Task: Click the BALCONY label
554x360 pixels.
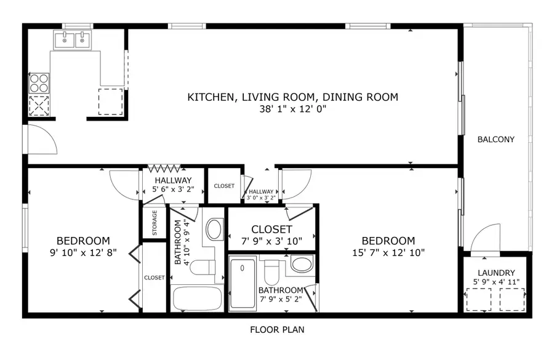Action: click(x=496, y=140)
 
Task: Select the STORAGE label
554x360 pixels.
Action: click(x=155, y=223)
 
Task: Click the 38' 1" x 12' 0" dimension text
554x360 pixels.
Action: click(x=292, y=110)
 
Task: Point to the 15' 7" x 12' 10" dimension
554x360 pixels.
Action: click(x=388, y=252)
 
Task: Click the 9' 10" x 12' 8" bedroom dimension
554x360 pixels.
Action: click(x=83, y=252)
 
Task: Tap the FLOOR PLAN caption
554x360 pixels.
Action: click(x=276, y=330)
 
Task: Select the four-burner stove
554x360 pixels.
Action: click(x=39, y=83)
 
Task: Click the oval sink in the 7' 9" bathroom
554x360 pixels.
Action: click(x=301, y=265)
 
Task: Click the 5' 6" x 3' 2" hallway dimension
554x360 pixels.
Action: click(x=173, y=190)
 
